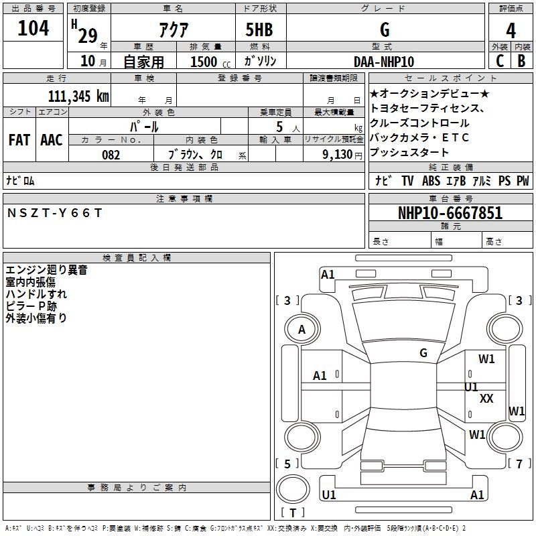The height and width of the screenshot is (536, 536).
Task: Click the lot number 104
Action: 33,28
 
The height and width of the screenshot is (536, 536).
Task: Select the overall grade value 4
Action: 511,31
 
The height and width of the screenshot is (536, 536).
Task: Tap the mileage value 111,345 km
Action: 78,96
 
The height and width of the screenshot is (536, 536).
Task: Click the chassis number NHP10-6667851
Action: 450,213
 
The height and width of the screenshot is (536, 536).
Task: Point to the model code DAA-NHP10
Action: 384,62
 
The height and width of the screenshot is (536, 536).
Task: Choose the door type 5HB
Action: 259,29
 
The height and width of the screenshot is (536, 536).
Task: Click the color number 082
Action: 111,155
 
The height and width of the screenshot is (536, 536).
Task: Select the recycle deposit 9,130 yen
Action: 342,155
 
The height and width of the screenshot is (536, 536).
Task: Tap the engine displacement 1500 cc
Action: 210,62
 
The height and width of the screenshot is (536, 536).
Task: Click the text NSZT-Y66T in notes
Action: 55,213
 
